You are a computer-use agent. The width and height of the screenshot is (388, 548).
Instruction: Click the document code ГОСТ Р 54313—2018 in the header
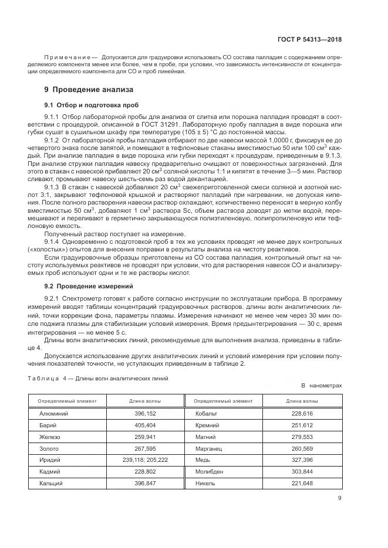pos(309,39)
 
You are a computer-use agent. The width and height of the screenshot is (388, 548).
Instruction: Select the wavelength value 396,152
pos(144,413)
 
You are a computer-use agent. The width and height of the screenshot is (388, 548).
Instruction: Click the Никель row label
pos(205,484)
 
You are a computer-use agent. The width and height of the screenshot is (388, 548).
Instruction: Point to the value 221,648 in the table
pos(302,484)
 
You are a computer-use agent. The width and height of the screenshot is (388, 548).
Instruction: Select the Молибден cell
pos(210,472)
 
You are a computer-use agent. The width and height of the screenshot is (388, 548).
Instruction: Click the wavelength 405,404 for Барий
pos(144,425)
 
